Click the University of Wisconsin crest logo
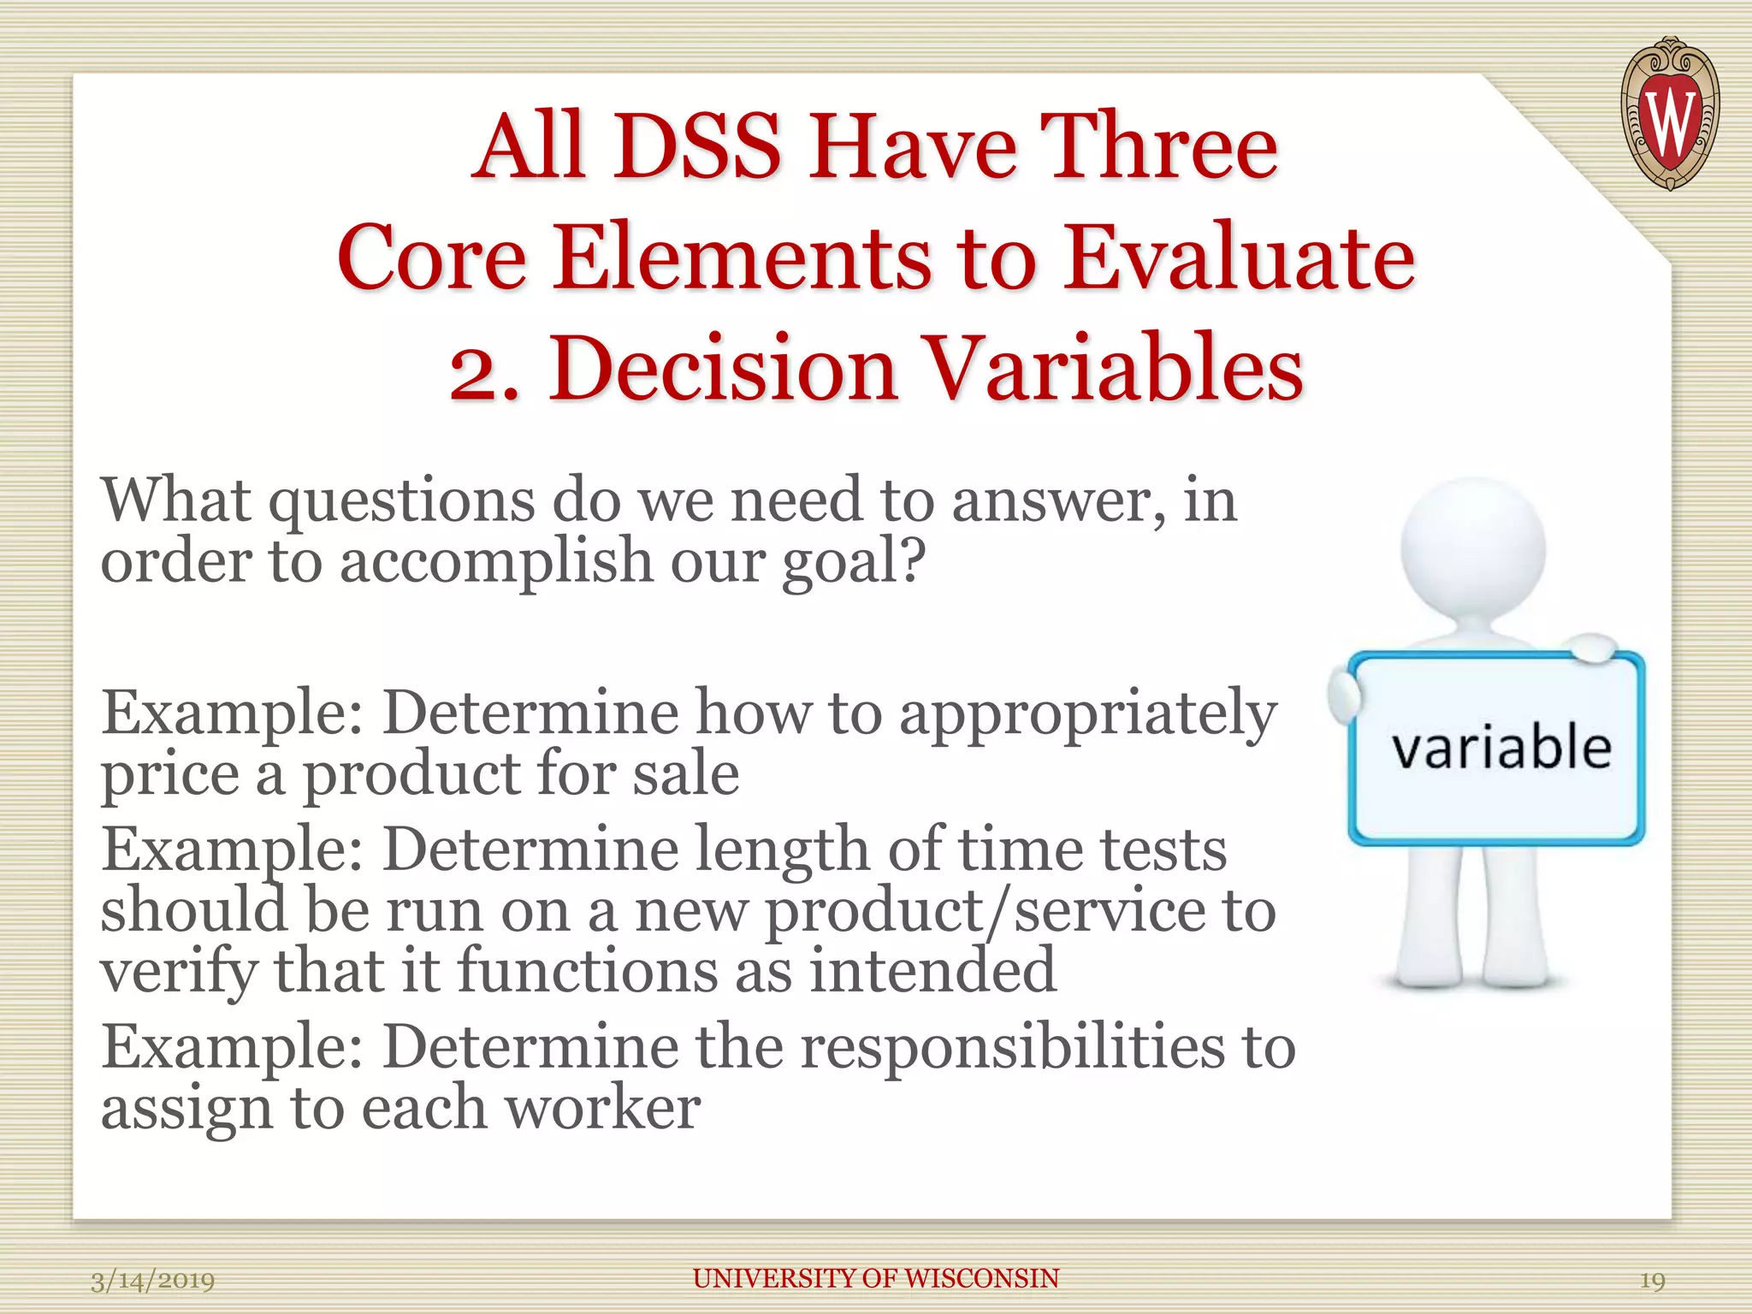pyautogui.click(x=1670, y=115)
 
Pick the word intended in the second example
pyautogui.click(x=932, y=971)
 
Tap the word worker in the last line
pyautogui.click(x=602, y=1109)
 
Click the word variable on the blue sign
pyautogui.click(x=1501, y=747)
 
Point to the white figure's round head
pyautogui.click(x=1473, y=548)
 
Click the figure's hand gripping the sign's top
pyautogui.click(x=1590, y=648)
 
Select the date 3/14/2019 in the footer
pyautogui.click(x=153, y=1281)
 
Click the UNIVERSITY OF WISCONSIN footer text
pyautogui.click(x=876, y=1279)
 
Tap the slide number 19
pyautogui.click(x=1652, y=1281)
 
